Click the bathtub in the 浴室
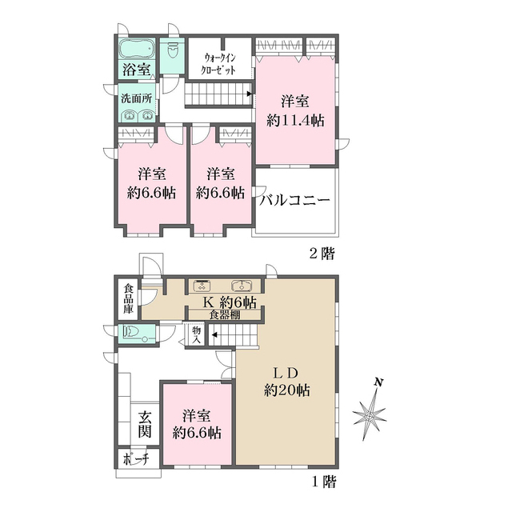pos(137,50)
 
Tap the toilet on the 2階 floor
pos(172,50)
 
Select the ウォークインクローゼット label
pos(218,64)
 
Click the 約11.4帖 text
pos(295,121)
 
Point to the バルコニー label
pos(294,200)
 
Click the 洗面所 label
pos(137,98)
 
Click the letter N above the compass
pos(378,382)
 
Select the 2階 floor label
pos(322,254)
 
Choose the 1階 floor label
pos(323,482)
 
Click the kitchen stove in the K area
pos(203,286)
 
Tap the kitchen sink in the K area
pos(242,286)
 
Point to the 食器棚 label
pos(225,314)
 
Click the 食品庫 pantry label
pos(128,298)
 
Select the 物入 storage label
pos(197,334)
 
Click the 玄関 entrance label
pos(144,424)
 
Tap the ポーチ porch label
pos(137,459)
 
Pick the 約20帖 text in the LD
pos(287,390)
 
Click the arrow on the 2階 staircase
pos(250,94)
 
